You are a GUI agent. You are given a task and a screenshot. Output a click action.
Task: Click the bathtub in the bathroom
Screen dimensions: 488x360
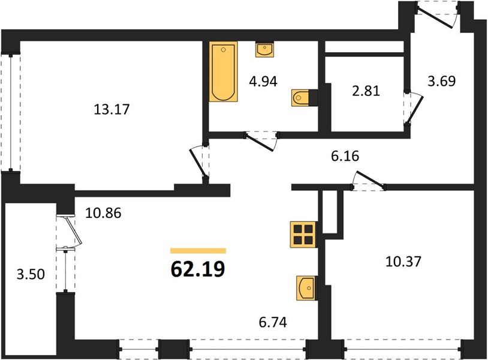pyautogui.click(x=223, y=71)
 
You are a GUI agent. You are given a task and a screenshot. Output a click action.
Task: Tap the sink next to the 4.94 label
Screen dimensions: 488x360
pyautogui.click(x=264, y=50)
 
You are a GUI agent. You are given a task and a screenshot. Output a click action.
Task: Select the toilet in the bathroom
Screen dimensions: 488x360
pyautogui.click(x=300, y=98)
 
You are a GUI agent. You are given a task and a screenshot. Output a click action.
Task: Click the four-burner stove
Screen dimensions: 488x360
pyautogui.click(x=303, y=235)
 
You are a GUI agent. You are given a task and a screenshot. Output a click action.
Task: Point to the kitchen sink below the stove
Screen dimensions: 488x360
pyautogui.click(x=307, y=288)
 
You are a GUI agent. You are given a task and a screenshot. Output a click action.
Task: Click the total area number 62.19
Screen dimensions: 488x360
pyautogui.click(x=198, y=269)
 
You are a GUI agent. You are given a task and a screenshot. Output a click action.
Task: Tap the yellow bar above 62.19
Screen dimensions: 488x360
pyautogui.click(x=198, y=251)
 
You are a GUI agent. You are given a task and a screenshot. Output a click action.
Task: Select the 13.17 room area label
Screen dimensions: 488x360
pyautogui.click(x=112, y=109)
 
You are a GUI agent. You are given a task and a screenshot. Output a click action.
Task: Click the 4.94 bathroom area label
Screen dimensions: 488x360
pyautogui.click(x=263, y=82)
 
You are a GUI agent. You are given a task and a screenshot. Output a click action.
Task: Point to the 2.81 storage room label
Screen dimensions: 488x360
pyautogui.click(x=366, y=91)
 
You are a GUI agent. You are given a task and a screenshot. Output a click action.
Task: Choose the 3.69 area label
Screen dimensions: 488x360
pyautogui.click(x=442, y=81)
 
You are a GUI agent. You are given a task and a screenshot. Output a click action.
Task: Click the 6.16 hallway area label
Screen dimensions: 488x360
pyautogui.click(x=345, y=156)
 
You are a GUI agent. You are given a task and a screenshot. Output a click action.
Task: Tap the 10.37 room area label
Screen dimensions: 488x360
pyautogui.click(x=403, y=261)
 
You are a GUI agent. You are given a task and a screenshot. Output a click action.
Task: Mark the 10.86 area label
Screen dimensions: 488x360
pyautogui.click(x=103, y=214)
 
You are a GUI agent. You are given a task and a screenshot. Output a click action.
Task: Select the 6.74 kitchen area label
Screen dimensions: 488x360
pyautogui.click(x=273, y=322)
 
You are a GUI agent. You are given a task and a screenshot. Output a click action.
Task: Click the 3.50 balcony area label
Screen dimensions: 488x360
pyautogui.click(x=31, y=275)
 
